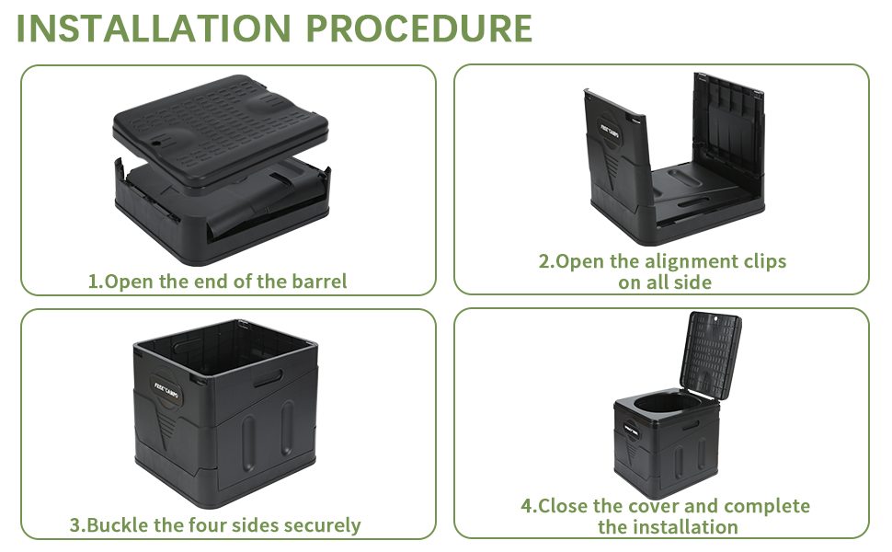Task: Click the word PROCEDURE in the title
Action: (419, 29)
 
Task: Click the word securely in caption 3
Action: (322, 525)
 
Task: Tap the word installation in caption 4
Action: (680, 527)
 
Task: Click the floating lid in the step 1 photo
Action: (221, 120)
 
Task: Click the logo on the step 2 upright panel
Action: (612, 129)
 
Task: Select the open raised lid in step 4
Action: (711, 352)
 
